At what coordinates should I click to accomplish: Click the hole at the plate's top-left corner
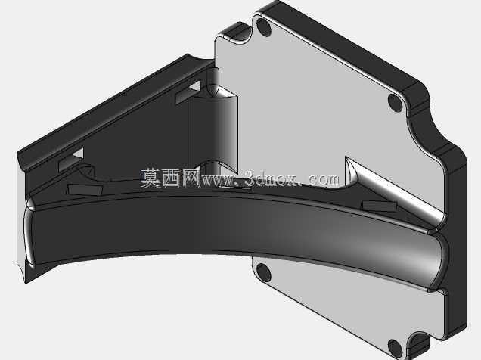263,27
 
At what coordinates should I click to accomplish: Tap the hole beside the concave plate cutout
395,102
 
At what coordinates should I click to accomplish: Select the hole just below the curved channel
263,272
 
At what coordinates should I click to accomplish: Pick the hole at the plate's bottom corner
395,347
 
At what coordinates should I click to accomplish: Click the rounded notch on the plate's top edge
234,34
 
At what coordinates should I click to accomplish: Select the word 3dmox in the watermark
272,178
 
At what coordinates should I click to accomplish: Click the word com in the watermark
324,179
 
